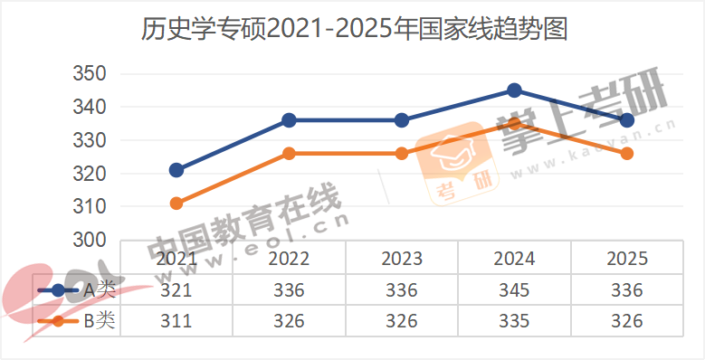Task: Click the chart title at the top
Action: pyautogui.click(x=354, y=31)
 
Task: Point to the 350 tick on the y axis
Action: pyautogui.click(x=90, y=74)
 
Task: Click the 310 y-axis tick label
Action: pyautogui.click(x=90, y=207)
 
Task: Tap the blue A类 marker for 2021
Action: pyautogui.click(x=176, y=170)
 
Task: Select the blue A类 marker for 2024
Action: pyautogui.click(x=514, y=90)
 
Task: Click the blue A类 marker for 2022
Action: pyautogui.click(x=289, y=120)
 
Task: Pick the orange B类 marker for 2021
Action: pyautogui.click(x=176, y=204)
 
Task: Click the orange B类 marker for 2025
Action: pyautogui.click(x=626, y=154)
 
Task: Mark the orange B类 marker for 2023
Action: pyautogui.click(x=402, y=154)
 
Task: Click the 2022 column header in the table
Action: pyautogui.click(x=289, y=259)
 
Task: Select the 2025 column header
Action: pyautogui.click(x=626, y=259)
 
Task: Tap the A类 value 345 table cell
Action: pyautogui.click(x=514, y=290)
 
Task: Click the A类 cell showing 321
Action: pyautogui.click(x=176, y=290)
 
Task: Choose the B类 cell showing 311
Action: pyautogui.click(x=176, y=321)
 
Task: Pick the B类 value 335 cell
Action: pyautogui.click(x=514, y=321)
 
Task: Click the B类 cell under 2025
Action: pyautogui.click(x=626, y=321)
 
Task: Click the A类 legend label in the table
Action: pyautogui.click(x=99, y=290)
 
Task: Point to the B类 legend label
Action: pyautogui.click(x=99, y=321)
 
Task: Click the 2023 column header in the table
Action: pyautogui.click(x=402, y=259)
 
